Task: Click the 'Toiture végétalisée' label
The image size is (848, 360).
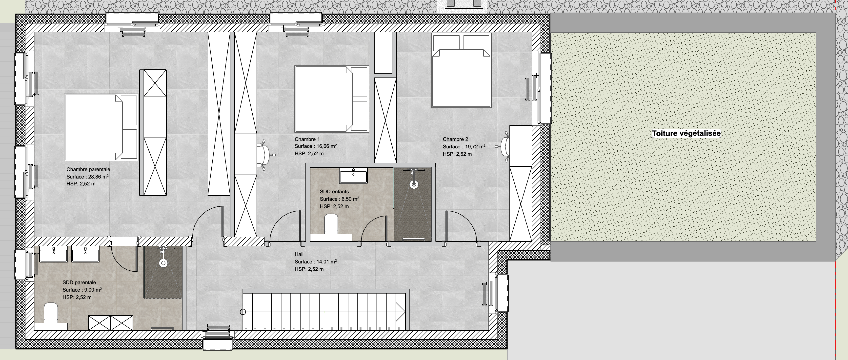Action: pyautogui.click(x=686, y=134)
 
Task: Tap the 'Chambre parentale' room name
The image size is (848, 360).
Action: pyautogui.click(x=88, y=169)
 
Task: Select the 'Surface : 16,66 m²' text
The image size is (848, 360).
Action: pyautogui.click(x=316, y=146)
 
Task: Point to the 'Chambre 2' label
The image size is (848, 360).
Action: pyautogui.click(x=455, y=139)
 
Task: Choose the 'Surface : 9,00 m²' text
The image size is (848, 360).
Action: pyautogui.click(x=82, y=290)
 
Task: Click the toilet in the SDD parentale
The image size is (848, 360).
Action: pyautogui.click(x=51, y=312)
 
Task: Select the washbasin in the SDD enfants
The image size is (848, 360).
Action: pyautogui.click(x=353, y=175)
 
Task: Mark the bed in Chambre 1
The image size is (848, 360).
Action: pyautogui.click(x=331, y=99)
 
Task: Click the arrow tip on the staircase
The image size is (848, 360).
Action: pyautogui.click(x=405, y=312)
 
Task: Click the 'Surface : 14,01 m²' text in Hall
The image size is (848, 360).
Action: pyautogui.click(x=316, y=262)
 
